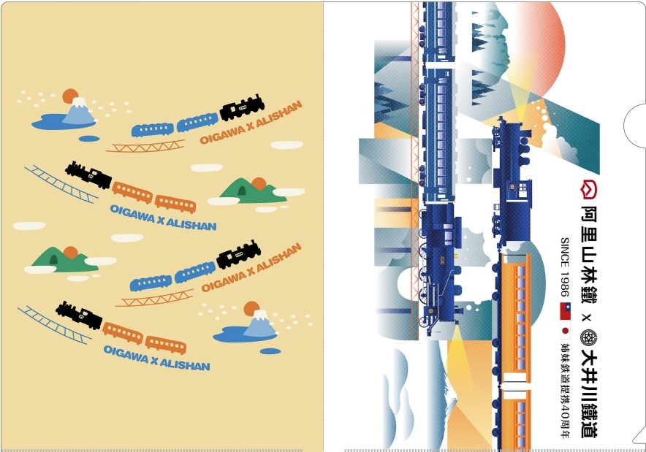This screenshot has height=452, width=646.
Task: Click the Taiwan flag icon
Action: (x=565, y=311)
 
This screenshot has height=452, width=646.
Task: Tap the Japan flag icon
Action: (x=565, y=330)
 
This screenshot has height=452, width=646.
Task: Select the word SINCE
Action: (x=564, y=253)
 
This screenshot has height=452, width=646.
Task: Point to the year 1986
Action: (x=564, y=285)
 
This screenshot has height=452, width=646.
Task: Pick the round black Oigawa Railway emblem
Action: (x=589, y=337)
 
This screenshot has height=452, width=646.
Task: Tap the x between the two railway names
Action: (x=588, y=318)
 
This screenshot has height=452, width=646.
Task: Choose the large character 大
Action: (x=589, y=358)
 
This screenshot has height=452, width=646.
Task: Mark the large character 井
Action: (x=589, y=379)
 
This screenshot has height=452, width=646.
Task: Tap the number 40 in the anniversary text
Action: (x=565, y=415)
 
